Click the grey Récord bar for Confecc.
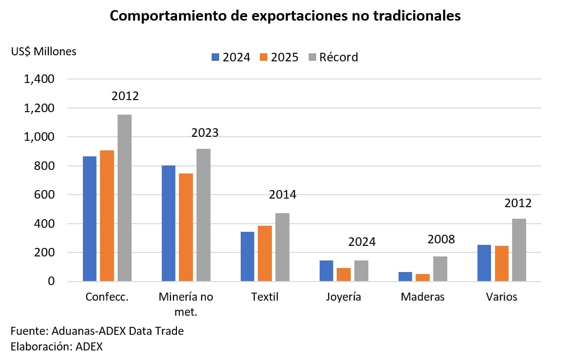[125, 198]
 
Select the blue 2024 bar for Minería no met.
[168, 223]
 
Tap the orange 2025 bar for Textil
[265, 253]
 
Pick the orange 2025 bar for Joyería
[344, 275]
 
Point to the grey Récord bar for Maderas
[440, 269]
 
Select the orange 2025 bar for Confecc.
[107, 216]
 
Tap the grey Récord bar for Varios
[519, 250]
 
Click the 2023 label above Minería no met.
[205, 133]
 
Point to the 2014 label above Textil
[282, 195]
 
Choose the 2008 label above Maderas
[441, 239]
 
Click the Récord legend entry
[333, 57]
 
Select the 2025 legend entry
[279, 57]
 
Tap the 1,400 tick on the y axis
[38, 79]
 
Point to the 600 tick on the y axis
[43, 195]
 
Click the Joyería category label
[344, 297]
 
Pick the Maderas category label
[423, 297]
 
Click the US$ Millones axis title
[44, 51]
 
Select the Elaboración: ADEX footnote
[56, 346]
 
